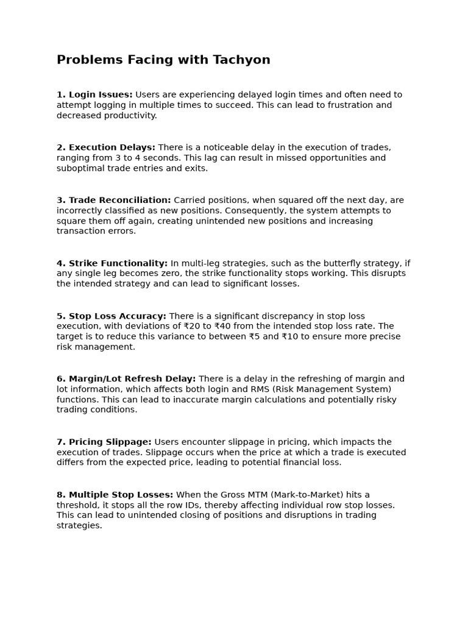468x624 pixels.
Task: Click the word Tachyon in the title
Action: (x=241, y=60)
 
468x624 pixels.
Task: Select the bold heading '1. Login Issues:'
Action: (x=94, y=94)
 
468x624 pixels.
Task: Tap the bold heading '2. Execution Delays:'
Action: (x=106, y=147)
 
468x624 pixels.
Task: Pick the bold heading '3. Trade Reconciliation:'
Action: (x=114, y=200)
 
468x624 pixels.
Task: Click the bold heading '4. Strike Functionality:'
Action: (x=112, y=263)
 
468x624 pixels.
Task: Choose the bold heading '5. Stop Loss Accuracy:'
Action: (x=112, y=316)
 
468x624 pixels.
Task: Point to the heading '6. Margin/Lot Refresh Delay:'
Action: (x=126, y=379)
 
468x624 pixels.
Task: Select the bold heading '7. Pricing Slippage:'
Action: (x=104, y=442)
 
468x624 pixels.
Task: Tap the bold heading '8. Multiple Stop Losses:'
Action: (x=115, y=495)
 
